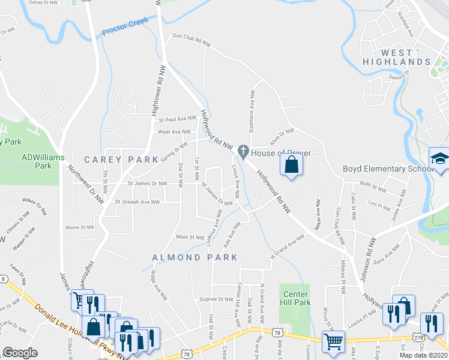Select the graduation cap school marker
[x=440, y=159]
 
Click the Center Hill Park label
[x=296, y=298]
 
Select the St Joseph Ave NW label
[x=137, y=202]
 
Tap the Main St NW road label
[x=190, y=237]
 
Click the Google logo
[x=20, y=353]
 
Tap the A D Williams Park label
[x=37, y=161]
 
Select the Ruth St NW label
[x=376, y=185]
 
